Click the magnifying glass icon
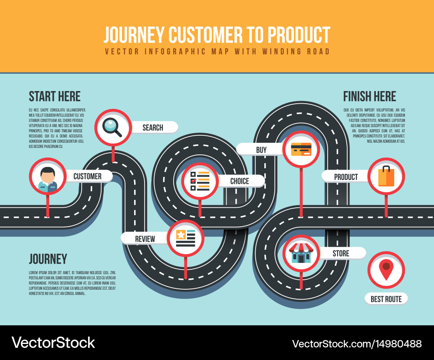coord(112,127)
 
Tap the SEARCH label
coord(153,128)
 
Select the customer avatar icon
coord(47,177)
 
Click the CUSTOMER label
coord(87,177)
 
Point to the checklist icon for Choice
coord(200,181)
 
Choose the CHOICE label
coord(240,181)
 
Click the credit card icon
coord(301,149)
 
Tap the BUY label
coord(261,150)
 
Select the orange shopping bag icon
coord(386,176)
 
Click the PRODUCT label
coord(346,177)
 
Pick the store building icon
coord(301,253)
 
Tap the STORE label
coord(341,253)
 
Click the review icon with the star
coord(185,238)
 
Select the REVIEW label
coord(145,239)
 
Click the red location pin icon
coord(385,270)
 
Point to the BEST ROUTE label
coord(386,299)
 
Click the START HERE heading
coord(55,96)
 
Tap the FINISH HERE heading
coord(369,96)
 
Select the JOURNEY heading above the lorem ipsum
coord(48,259)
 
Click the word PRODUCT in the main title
coord(299,35)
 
